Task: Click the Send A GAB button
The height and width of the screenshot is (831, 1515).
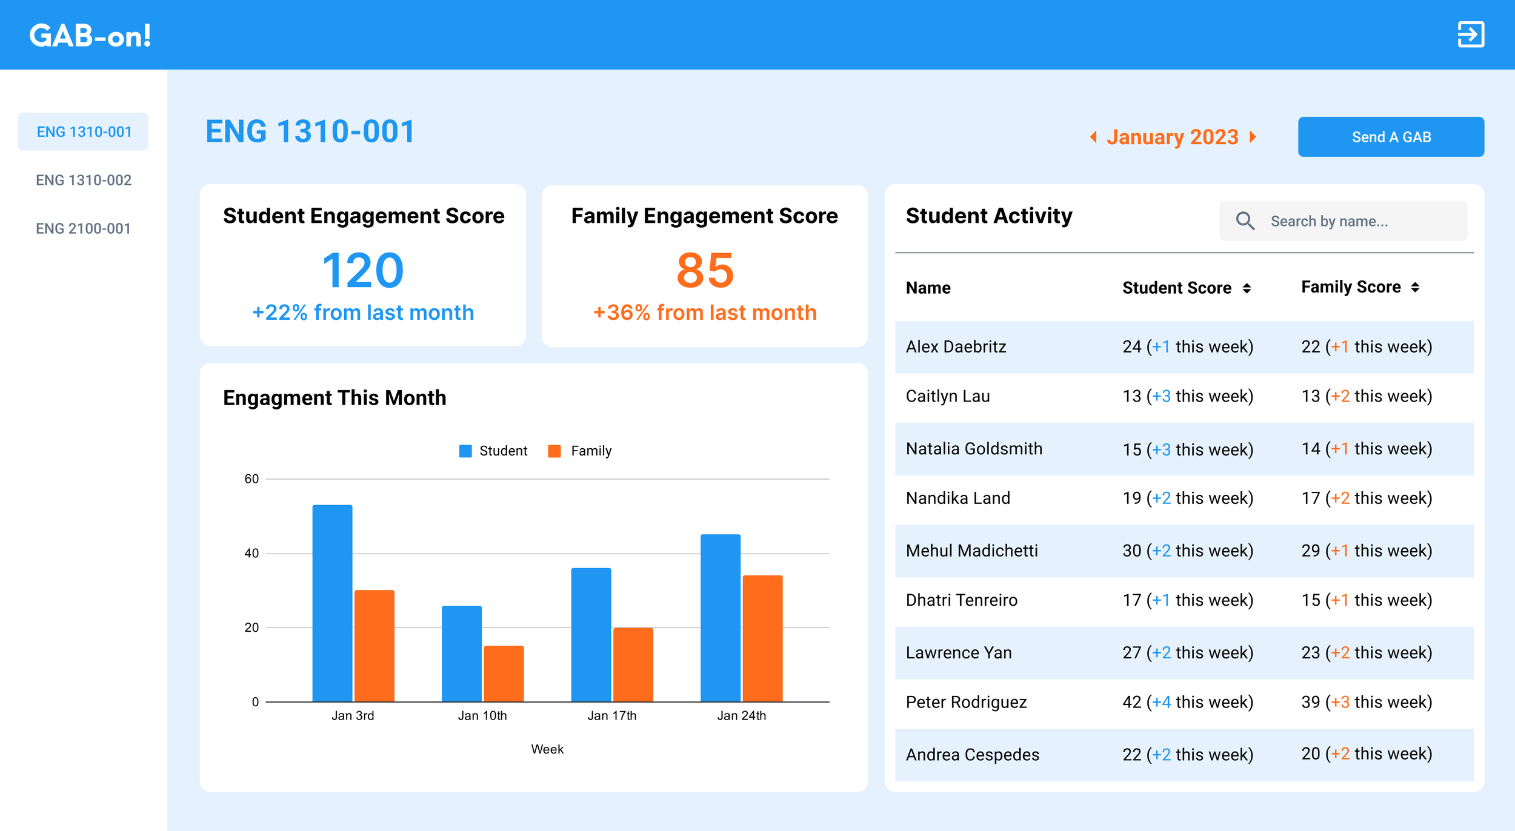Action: [x=1391, y=137]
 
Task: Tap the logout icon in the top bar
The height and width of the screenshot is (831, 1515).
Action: [x=1471, y=35]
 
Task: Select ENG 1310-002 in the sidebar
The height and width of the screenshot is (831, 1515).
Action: [x=84, y=180]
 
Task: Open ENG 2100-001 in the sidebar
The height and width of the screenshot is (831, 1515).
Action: [x=83, y=228]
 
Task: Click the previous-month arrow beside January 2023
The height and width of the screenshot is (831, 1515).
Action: [x=1094, y=137]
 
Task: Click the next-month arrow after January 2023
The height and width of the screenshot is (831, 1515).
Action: [x=1253, y=137]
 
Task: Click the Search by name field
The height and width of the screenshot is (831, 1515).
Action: [x=1343, y=221]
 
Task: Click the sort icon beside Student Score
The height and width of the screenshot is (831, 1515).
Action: [x=1247, y=288]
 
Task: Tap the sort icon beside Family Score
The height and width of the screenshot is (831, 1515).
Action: [x=1415, y=287]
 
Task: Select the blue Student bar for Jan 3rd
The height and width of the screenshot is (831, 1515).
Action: [x=332, y=603]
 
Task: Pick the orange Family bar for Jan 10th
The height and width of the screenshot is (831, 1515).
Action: [x=504, y=674]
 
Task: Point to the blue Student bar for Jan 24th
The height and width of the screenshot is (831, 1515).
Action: [x=721, y=618]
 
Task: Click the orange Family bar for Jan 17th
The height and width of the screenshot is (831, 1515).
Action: [x=633, y=664]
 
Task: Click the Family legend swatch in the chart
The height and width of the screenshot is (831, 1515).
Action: [x=554, y=451]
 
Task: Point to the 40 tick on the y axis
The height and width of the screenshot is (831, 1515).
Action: [x=251, y=553]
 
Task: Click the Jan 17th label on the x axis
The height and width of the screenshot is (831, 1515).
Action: [x=612, y=715]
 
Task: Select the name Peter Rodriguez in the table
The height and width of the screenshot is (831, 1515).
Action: [x=966, y=702]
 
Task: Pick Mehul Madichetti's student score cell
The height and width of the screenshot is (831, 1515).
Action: [x=1188, y=551]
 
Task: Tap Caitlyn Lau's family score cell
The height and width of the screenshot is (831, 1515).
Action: [x=1367, y=396]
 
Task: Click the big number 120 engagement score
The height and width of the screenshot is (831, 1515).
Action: [x=363, y=270]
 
